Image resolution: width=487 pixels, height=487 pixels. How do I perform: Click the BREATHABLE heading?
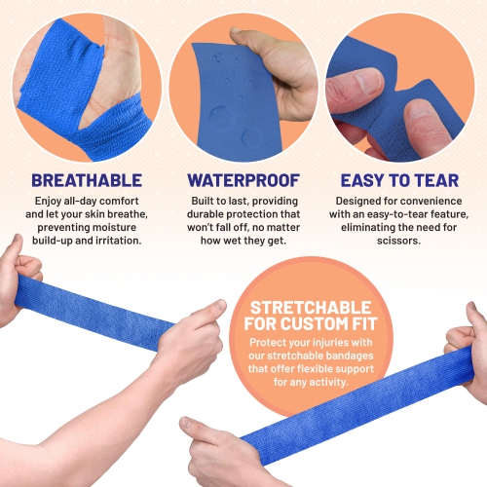87,180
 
